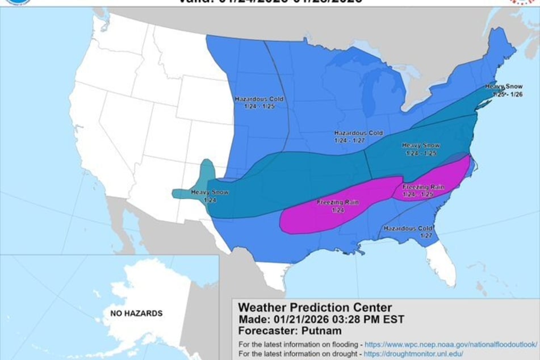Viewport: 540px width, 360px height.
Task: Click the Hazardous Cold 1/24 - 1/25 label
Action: tap(259, 102)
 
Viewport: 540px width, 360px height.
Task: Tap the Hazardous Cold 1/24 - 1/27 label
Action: tap(358, 136)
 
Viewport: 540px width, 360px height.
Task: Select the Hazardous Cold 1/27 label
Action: tap(407, 231)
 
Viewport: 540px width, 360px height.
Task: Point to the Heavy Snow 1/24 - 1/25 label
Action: tap(421, 149)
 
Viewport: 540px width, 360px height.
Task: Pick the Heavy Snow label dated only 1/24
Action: tap(210, 196)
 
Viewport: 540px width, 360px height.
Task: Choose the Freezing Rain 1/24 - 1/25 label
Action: tap(423, 190)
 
